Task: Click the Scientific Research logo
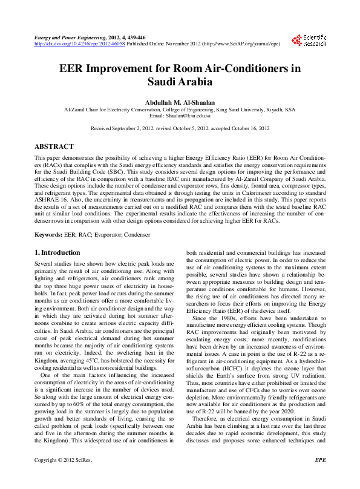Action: coord(309,41)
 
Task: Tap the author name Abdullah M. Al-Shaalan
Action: coord(180,102)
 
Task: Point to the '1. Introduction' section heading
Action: coord(57,252)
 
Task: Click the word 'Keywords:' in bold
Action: coord(48,234)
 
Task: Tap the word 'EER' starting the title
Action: coord(71,68)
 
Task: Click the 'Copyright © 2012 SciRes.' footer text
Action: coord(63,477)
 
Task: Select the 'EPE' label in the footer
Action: coord(321,477)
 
